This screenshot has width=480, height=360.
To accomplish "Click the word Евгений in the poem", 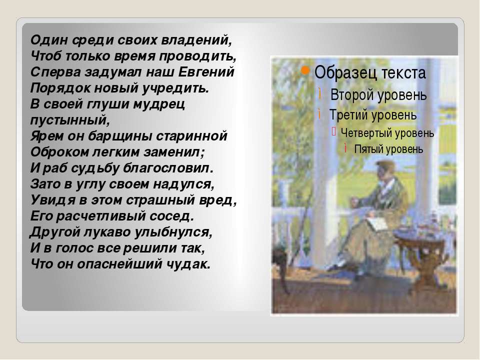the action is tap(206, 72).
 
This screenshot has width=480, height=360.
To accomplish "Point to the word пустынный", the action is tap(70, 120).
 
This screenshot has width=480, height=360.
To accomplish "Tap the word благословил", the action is tap(168, 168).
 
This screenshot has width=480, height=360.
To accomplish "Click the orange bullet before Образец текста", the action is tap(305, 70).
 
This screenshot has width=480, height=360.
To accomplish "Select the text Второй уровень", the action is tap(378, 95).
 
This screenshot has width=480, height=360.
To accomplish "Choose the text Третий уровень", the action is tap(373, 115).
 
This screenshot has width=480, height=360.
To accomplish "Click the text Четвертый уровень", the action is tap(387, 133).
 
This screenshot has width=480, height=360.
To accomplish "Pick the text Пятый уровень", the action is tap(388, 149).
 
